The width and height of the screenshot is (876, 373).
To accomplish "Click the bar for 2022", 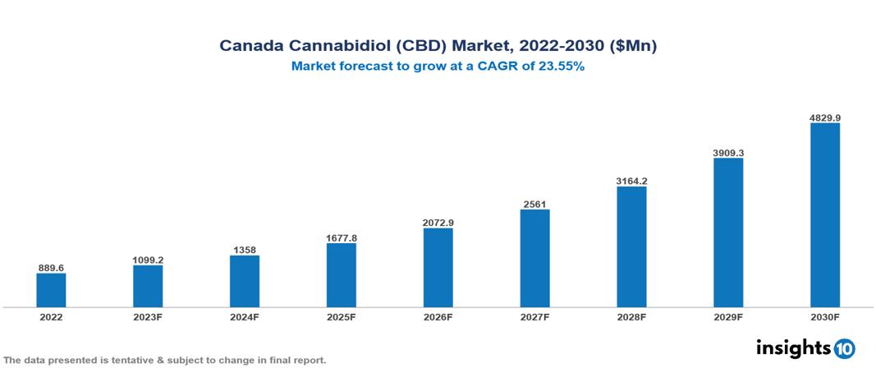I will pos(51,290).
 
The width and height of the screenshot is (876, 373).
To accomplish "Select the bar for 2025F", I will pos(341,275).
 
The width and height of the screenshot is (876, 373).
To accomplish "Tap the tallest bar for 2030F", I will pos(824,215).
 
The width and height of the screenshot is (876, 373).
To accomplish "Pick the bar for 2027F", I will pos(534,258).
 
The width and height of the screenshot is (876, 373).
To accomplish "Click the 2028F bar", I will pos(631,246).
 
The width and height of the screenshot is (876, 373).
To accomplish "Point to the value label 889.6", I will pos(51,268).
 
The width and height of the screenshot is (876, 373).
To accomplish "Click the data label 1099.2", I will pos(148,260).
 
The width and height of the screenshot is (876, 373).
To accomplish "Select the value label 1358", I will pos(245,250).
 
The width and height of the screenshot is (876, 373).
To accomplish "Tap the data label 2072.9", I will pos(438,223).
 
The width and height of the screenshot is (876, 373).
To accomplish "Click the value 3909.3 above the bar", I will pos(728,153).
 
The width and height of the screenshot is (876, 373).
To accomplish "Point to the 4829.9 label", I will pos(824,117).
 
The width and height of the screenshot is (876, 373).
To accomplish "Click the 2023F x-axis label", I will pos(148,316).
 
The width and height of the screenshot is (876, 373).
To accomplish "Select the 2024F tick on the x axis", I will pos(245,316).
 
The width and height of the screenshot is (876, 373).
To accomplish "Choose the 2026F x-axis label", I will pos(438,316).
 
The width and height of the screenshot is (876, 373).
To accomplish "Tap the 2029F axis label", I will pos(728,316).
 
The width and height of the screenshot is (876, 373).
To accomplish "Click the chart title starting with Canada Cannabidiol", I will pos(438,46).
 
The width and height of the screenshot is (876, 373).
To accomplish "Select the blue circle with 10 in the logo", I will pos(844,348).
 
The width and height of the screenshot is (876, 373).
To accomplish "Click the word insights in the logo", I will pos(793,348).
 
